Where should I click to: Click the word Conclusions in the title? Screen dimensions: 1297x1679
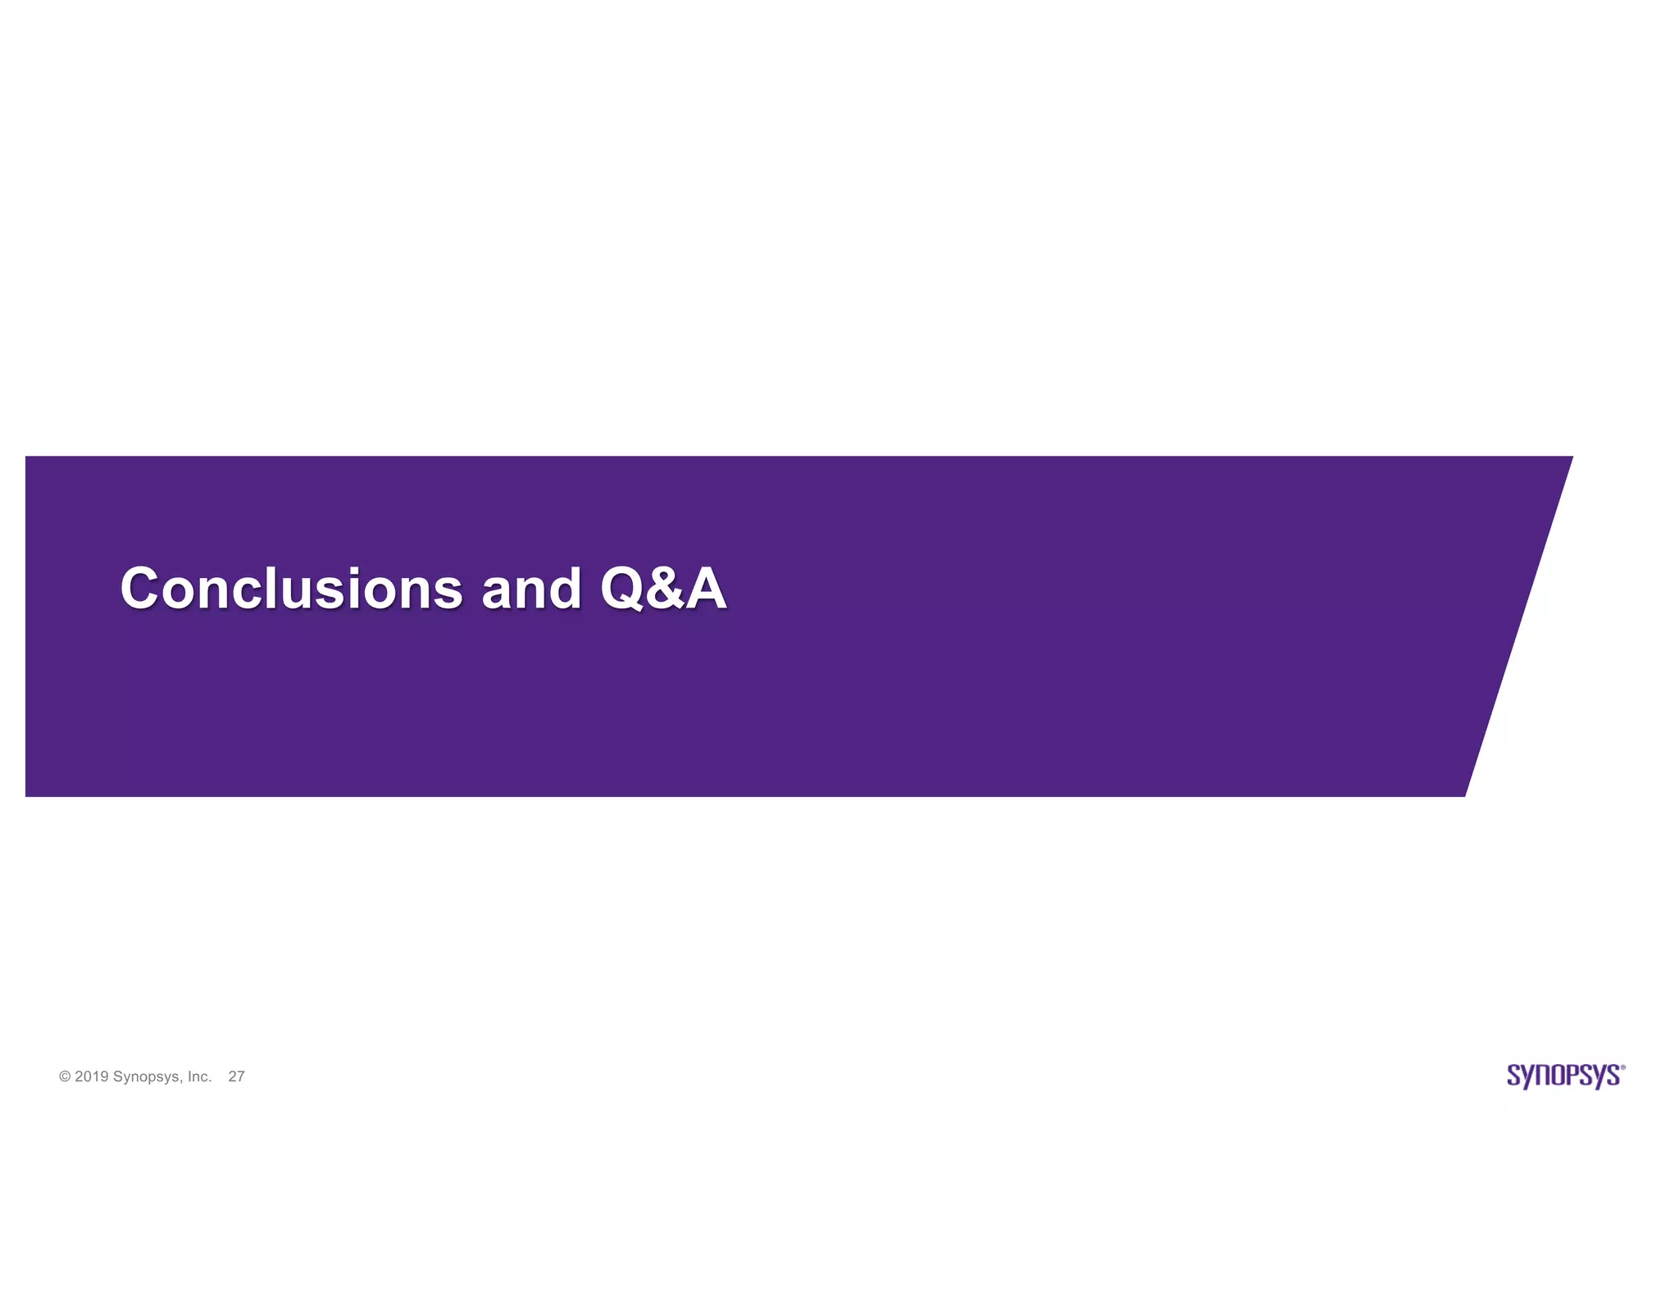[x=291, y=589]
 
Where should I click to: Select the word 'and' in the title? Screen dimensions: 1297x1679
[x=531, y=589]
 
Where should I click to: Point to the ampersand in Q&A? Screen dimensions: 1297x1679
[x=666, y=589]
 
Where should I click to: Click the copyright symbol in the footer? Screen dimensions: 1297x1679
[x=65, y=1077]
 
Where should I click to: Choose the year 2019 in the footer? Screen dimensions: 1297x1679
[x=91, y=1077]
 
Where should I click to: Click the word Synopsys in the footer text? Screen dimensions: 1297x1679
[x=147, y=1077]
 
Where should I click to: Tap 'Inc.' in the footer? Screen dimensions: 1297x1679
[x=199, y=1077]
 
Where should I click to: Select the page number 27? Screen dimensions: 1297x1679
[x=236, y=1077]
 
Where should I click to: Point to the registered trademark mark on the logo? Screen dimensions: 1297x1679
[x=1622, y=1067]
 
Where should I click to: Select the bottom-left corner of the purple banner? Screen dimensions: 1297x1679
[x=27, y=794]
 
